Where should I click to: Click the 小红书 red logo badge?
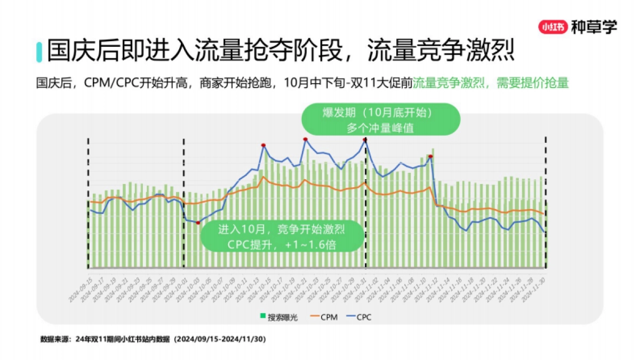553,27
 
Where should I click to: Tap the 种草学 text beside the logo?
594,27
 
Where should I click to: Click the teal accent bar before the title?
38,51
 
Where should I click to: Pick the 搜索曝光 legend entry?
279,317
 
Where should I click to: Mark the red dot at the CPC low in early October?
198,222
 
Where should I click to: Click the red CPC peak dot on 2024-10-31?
365,140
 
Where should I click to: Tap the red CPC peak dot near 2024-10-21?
305,139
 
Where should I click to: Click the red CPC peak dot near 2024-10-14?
263,145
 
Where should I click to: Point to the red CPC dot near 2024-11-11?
430,156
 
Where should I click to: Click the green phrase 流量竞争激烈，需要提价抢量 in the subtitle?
491,83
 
